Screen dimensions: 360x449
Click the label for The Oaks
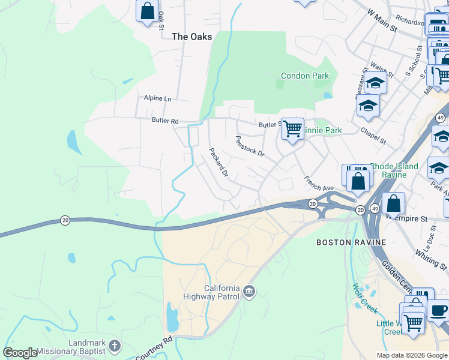(191, 37)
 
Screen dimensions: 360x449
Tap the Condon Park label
(304, 76)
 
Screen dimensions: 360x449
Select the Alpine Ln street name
(157, 98)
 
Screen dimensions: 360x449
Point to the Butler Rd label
(165, 121)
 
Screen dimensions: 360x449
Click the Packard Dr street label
(218, 162)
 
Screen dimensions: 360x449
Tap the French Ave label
(318, 183)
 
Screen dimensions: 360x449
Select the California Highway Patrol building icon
(249, 292)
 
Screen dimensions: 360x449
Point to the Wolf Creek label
(364, 298)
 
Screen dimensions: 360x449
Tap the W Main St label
(382, 20)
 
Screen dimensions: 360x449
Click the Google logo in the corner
(20, 353)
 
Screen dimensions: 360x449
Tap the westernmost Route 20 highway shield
(65, 221)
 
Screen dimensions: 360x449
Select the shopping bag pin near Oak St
(147, 11)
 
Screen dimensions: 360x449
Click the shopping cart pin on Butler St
(292, 128)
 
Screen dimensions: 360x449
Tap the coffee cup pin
(438, 310)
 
